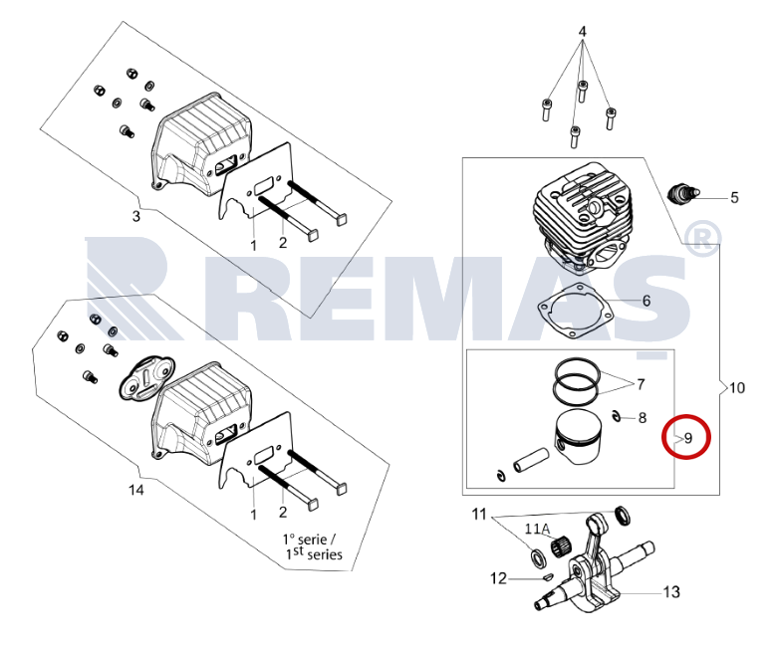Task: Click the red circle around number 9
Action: (x=686, y=418)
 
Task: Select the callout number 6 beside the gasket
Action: (x=646, y=301)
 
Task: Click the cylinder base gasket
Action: (x=576, y=312)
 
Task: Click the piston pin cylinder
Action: (x=531, y=459)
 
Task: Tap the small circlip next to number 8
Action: (x=617, y=415)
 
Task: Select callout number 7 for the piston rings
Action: (x=641, y=384)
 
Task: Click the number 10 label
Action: (x=736, y=388)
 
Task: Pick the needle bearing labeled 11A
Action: (x=562, y=545)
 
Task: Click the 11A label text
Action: (x=537, y=529)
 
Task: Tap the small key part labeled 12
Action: (x=547, y=575)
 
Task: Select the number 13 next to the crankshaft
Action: (x=671, y=591)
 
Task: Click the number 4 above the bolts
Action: (x=582, y=32)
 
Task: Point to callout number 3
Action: (x=135, y=216)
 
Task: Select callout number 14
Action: (x=135, y=490)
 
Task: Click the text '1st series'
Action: (x=314, y=553)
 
